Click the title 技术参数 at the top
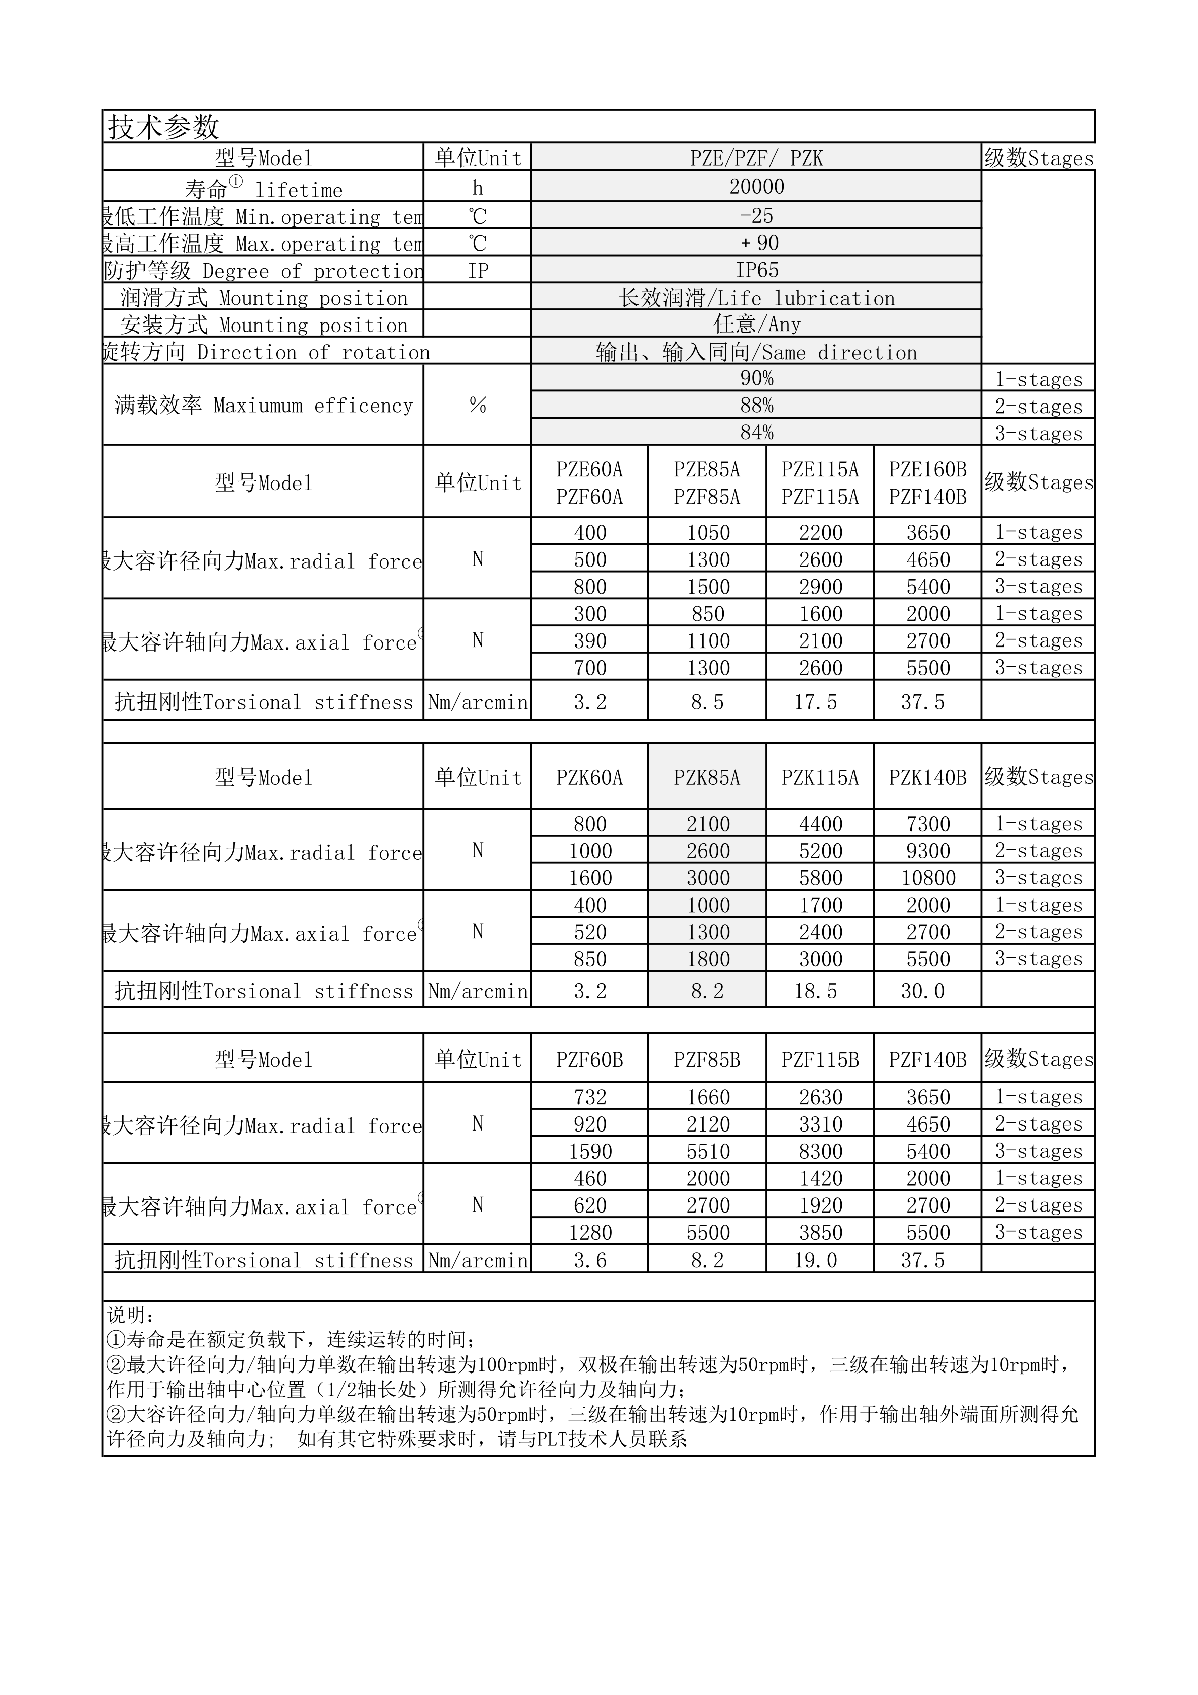click(x=164, y=127)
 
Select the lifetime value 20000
click(x=756, y=187)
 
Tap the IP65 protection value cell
click(x=756, y=270)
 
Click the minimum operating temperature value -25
click(x=756, y=215)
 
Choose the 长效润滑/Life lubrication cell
click(x=756, y=298)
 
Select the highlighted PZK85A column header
click(x=707, y=777)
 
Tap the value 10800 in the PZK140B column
click(x=928, y=878)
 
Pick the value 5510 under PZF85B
click(x=707, y=1151)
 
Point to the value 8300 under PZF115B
click(x=820, y=1151)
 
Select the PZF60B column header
click(x=589, y=1060)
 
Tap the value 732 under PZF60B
click(x=589, y=1097)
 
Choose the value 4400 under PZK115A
click(x=820, y=824)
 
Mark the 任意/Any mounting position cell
click(x=756, y=324)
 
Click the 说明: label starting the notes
click(x=131, y=1315)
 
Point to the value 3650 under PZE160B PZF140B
click(x=928, y=532)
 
